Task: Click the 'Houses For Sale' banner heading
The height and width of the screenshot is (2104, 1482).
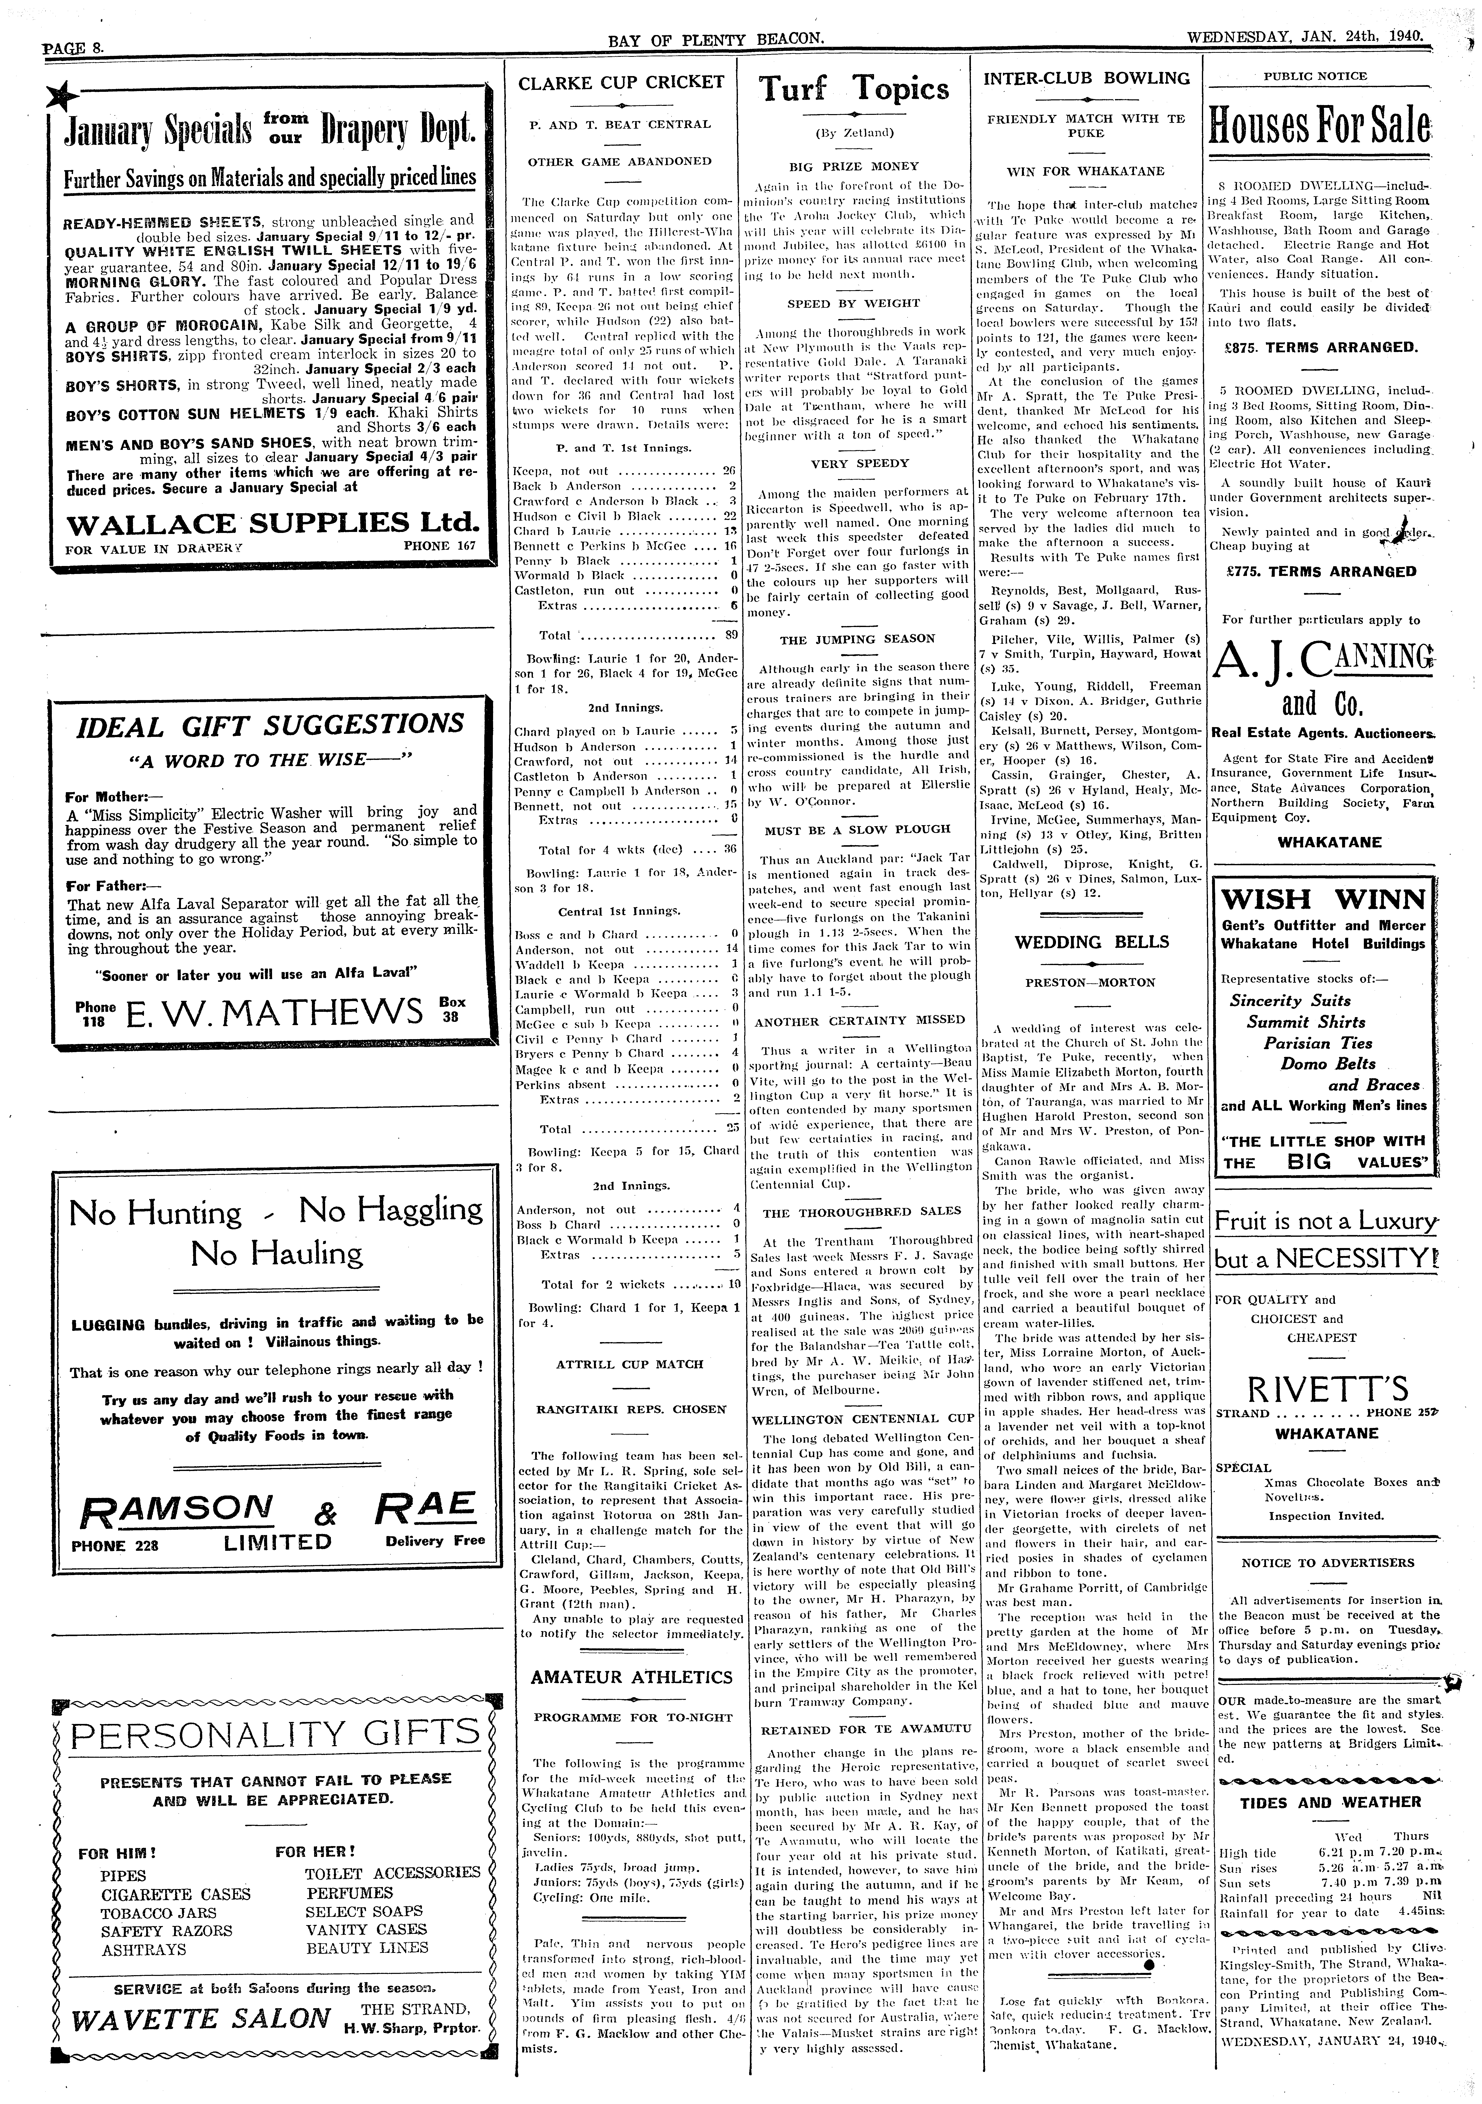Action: tap(1320, 126)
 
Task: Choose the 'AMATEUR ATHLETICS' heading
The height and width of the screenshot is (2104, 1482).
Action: tap(631, 1677)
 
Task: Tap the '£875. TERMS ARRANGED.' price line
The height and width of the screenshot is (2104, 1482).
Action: tap(1320, 347)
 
